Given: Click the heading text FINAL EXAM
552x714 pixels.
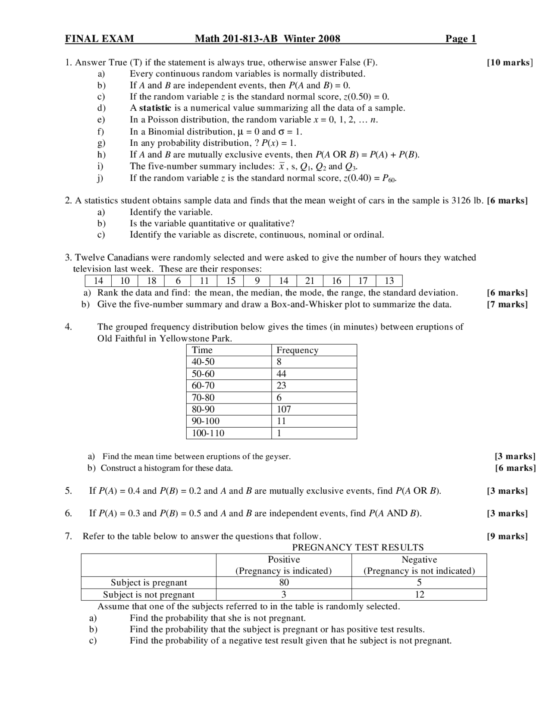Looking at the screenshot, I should tap(99, 39).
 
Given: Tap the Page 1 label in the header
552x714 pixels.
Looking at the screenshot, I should tap(461, 39).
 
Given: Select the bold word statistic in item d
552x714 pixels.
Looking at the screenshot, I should tap(155, 108).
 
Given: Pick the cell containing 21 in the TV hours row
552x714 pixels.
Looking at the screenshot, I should tap(310, 281).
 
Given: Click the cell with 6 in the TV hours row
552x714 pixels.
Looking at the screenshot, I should tap(178, 281).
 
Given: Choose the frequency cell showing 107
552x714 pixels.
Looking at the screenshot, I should tap(284, 409).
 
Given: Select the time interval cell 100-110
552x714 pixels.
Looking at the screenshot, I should tap(208, 433).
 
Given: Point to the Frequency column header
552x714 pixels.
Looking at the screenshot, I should tap(297, 350).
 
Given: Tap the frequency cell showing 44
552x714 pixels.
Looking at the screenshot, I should tap(281, 374).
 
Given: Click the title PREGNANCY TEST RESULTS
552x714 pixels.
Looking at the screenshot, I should tap(358, 548).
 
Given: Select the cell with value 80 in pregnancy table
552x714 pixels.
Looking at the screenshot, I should tap(284, 582).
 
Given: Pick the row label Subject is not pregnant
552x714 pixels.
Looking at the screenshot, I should tap(148, 595).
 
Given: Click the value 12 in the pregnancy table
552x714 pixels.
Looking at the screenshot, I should tap(419, 595).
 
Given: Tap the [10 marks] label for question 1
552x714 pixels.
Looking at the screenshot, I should tap(510, 63).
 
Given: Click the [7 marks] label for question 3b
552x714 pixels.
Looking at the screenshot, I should tap(507, 304).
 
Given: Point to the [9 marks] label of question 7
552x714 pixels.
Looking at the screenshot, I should tap(507, 536).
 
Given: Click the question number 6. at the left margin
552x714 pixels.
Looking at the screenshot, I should tap(69, 514).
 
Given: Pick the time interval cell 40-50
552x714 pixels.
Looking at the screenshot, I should tap(203, 362).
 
